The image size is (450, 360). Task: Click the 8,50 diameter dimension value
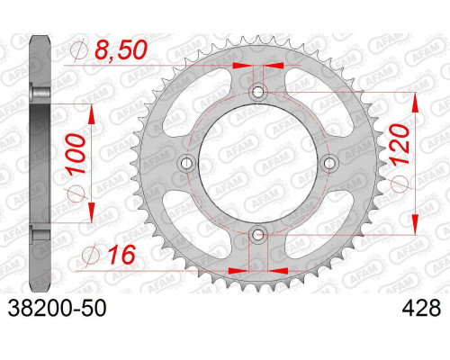point(121,49)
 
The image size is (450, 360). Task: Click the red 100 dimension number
point(76,154)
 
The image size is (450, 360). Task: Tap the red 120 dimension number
point(400,144)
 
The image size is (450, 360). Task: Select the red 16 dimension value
point(122,255)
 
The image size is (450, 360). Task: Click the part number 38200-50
point(57,308)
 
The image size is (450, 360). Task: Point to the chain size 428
point(421,308)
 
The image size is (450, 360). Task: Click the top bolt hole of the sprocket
point(258,92)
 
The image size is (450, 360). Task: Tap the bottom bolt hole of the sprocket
point(257,234)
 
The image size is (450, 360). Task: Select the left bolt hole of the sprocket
point(187,163)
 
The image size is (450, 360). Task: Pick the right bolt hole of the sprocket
point(329,163)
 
